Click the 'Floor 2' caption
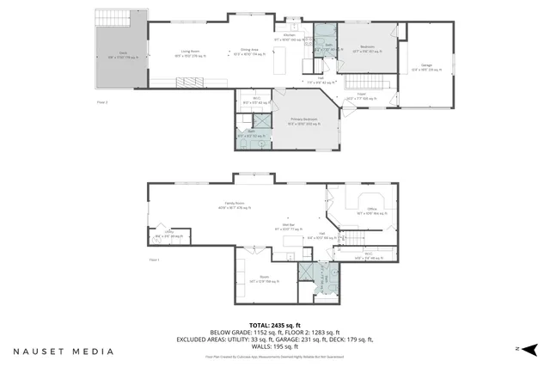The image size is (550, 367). tap(101, 101)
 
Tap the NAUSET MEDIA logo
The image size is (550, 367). tap(63, 351)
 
